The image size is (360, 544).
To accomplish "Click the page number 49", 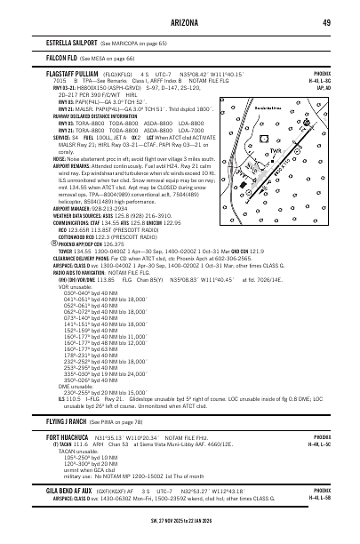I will (x=326, y=21).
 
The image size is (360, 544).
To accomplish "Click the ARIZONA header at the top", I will (x=180, y=21).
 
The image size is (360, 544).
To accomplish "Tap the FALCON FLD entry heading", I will (x=60, y=55).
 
